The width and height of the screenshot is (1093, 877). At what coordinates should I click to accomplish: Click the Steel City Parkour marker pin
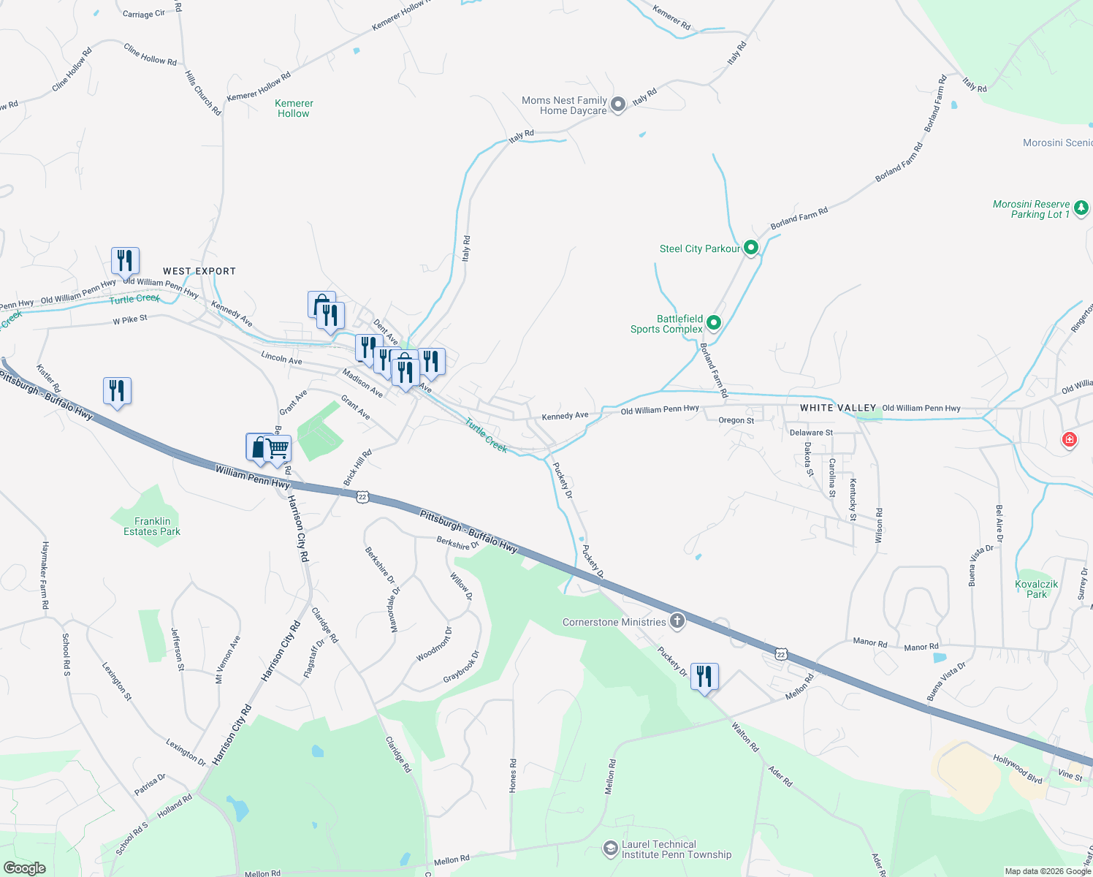750,248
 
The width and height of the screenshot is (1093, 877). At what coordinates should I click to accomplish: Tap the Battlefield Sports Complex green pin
714,322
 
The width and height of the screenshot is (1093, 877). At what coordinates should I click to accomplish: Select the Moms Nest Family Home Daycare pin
618,105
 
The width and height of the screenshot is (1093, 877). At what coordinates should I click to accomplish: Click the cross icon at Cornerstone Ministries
677,621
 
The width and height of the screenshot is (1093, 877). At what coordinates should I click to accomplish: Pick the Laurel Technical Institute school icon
610,848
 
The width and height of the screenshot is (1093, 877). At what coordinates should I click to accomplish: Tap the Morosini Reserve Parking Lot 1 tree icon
1081,208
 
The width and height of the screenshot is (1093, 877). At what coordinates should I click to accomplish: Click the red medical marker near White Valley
1070,439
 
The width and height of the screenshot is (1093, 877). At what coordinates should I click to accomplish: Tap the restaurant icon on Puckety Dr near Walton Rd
704,676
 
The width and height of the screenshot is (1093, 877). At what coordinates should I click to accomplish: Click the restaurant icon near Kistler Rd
117,390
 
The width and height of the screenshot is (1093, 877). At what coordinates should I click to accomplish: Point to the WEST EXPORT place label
199,271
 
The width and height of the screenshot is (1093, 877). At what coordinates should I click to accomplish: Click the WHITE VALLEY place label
838,408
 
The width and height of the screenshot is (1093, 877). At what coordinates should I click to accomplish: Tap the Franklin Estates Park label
152,526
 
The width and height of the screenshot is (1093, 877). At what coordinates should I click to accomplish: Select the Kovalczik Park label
1037,589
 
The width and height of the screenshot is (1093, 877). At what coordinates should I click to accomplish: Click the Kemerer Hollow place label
294,108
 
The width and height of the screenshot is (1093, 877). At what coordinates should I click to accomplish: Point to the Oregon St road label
736,420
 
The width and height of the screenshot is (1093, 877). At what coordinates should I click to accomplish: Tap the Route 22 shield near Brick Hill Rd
362,497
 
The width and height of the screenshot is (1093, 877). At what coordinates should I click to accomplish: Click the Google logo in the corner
25,868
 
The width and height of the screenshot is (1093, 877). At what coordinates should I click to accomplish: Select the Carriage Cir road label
144,14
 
